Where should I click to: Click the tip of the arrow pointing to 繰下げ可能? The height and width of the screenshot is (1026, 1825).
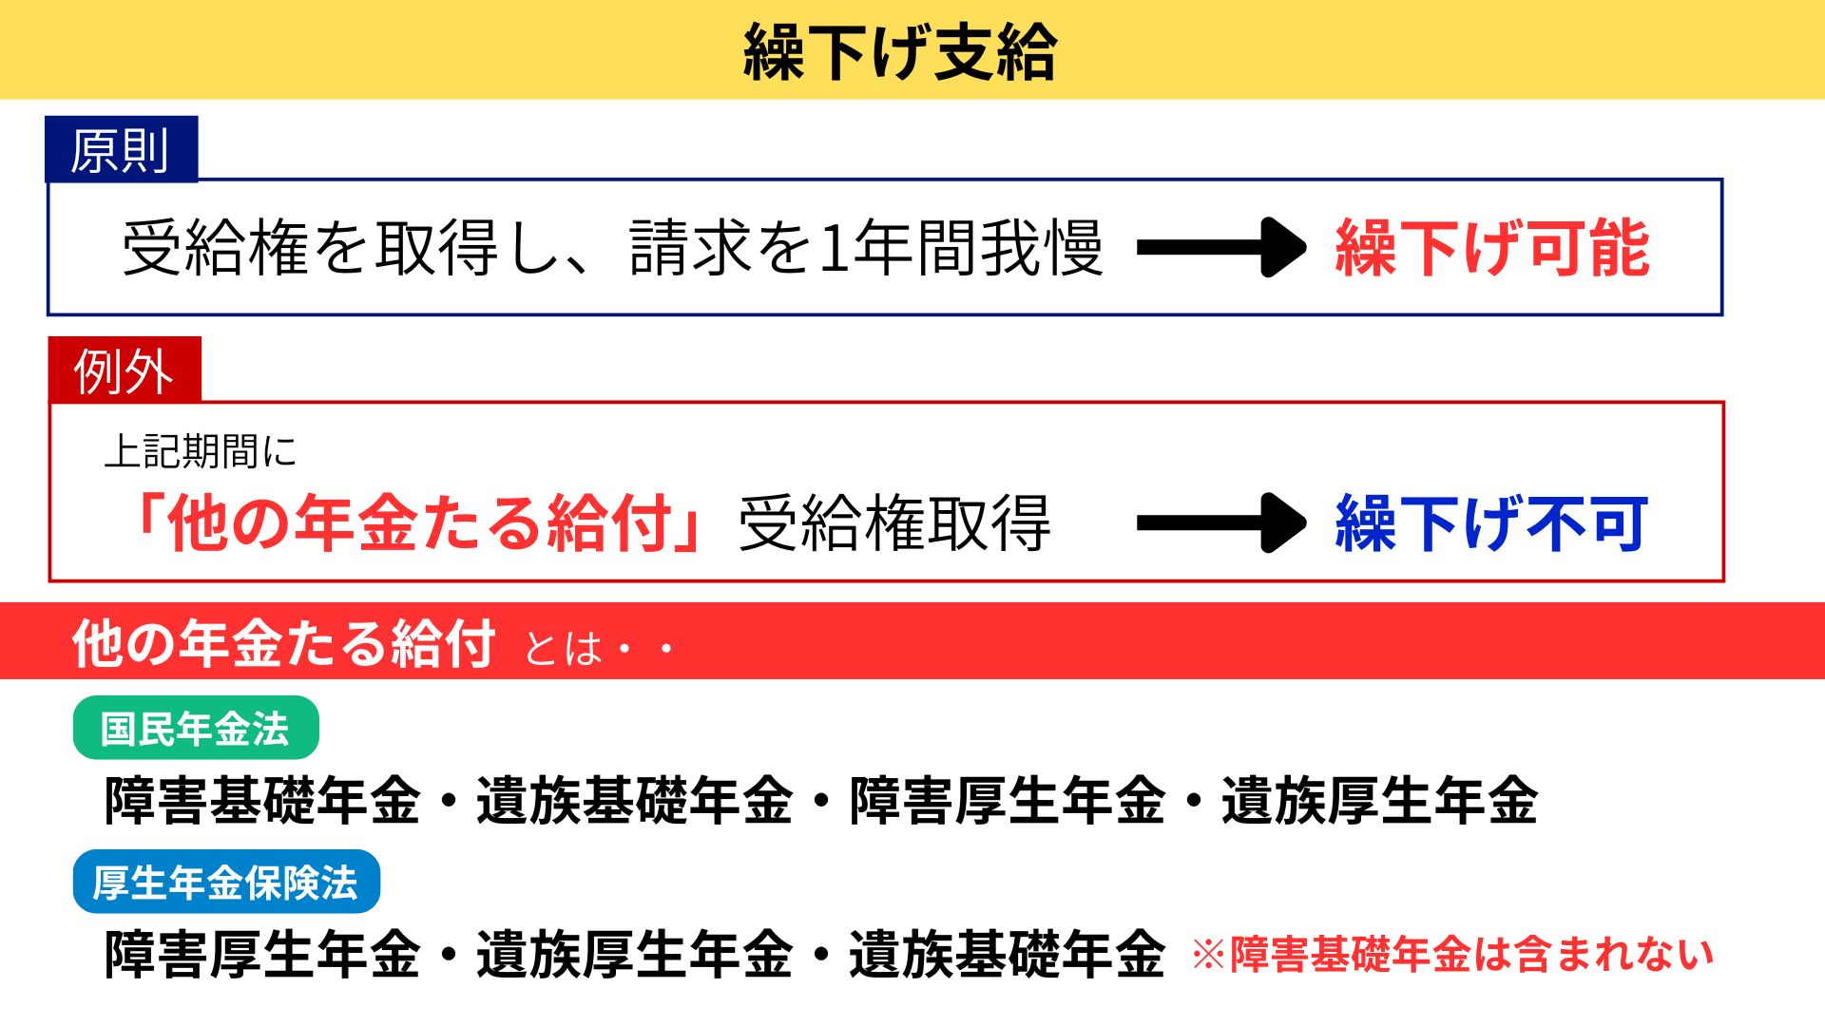click(1306, 247)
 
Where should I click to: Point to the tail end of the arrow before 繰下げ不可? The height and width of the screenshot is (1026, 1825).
click(1139, 522)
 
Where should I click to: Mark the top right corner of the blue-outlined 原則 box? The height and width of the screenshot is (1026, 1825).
click(1722, 180)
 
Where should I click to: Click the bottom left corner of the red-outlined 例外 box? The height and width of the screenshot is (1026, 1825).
click(49, 580)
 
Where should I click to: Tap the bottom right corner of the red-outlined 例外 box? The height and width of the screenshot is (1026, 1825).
click(1723, 580)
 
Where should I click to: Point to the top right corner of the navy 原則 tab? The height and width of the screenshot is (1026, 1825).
click(198, 117)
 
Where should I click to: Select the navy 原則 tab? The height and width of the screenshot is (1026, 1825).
click(122, 149)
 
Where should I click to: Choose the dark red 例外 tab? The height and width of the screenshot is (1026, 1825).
click(125, 370)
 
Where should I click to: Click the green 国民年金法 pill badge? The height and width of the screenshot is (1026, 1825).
click(196, 728)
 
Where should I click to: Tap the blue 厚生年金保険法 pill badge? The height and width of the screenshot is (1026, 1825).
click(226, 882)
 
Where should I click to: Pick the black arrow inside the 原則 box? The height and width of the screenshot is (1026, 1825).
click(1222, 247)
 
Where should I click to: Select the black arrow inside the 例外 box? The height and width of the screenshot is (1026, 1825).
click(1222, 522)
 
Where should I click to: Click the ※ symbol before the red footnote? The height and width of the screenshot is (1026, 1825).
click(1208, 956)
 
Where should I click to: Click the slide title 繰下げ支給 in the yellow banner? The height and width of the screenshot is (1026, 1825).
click(899, 51)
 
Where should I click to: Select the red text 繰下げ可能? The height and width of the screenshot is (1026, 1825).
click(1491, 247)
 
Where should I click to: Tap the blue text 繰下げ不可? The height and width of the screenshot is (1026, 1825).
click(1491, 522)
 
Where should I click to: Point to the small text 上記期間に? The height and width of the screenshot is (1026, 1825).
click(201, 451)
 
